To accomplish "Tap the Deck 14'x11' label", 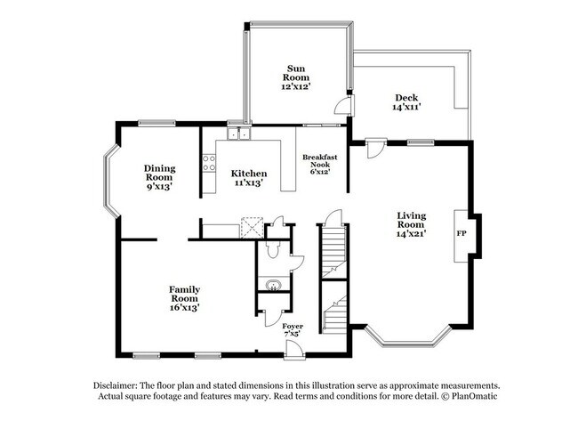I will coord(405,102).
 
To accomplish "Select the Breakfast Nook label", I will coord(317,164).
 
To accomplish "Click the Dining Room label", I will coord(159,176).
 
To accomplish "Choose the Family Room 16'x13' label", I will coord(184,298).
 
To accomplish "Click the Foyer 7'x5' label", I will coord(293,331).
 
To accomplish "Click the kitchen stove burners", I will coord(210,163).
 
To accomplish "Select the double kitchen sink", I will coord(237,134).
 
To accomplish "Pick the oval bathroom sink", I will coord(273,286).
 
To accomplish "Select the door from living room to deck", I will coord(374,147).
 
